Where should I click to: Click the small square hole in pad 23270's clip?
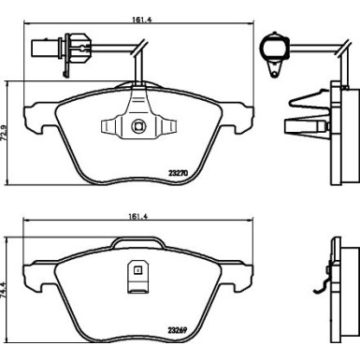click(x=137, y=128)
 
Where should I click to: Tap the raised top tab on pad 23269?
click(x=137, y=243)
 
